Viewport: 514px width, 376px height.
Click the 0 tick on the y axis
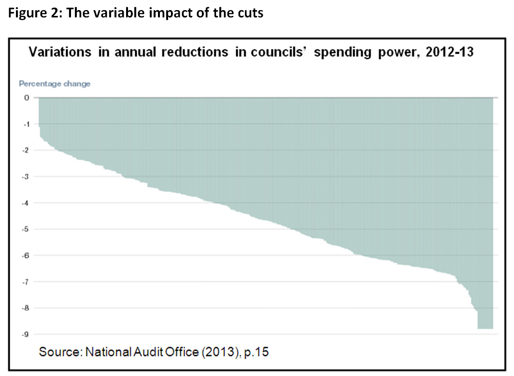27,98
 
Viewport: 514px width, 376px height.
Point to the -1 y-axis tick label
27,124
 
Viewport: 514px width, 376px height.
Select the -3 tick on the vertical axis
27,177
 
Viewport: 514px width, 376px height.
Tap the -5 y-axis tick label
27,229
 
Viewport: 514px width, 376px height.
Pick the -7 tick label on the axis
27,282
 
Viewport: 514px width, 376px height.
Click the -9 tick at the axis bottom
27,334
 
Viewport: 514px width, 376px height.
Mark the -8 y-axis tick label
27,308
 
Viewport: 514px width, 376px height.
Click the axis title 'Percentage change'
55,84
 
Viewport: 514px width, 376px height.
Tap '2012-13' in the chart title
450,52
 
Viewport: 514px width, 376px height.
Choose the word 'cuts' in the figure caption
250,13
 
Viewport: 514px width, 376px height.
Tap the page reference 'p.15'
257,352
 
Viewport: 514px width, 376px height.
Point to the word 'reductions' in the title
195,52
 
